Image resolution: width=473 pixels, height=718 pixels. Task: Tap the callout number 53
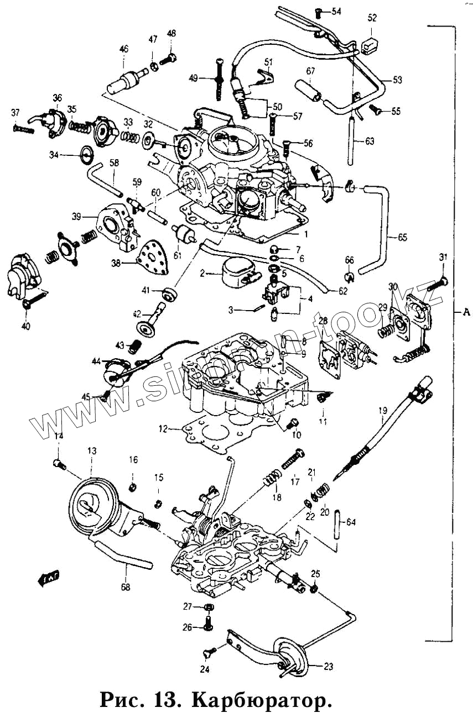pos(397,80)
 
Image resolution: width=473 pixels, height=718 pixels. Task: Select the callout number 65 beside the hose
pos(402,238)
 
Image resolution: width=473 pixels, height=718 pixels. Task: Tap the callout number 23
pos(329,667)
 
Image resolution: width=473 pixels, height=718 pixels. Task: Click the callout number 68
pos(126,587)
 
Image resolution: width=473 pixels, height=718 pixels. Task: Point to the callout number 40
pos(25,326)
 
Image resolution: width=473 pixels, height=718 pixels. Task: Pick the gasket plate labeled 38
pos(152,259)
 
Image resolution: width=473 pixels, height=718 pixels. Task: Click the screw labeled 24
pos(210,655)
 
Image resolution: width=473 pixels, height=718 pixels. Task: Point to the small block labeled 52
pos(370,42)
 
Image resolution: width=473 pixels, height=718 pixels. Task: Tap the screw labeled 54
pos(319,12)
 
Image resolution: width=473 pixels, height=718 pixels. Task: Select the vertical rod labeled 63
pos(351,141)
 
